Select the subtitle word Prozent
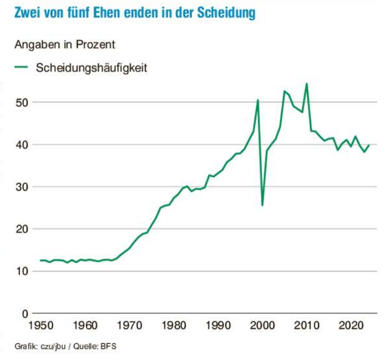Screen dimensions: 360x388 (96, 44)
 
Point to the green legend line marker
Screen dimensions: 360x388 (21, 67)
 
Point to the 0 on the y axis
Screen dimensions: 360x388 (24, 314)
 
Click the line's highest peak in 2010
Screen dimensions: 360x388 (306, 84)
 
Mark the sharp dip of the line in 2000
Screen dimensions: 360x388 (262, 205)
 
